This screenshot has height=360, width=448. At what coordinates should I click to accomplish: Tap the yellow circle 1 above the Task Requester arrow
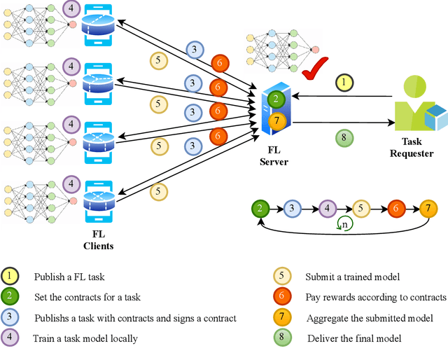[x=344, y=83]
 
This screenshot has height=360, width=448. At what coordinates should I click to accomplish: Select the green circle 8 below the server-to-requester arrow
[x=343, y=137]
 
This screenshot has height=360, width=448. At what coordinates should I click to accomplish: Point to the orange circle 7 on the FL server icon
[x=277, y=120]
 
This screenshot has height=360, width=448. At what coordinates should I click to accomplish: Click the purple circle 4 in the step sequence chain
[x=327, y=208]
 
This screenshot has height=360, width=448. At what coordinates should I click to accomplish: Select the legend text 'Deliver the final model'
[x=354, y=338]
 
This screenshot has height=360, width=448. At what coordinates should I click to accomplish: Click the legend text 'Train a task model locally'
[x=85, y=338]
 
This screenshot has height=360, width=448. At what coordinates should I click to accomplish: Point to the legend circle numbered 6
[x=281, y=297]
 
